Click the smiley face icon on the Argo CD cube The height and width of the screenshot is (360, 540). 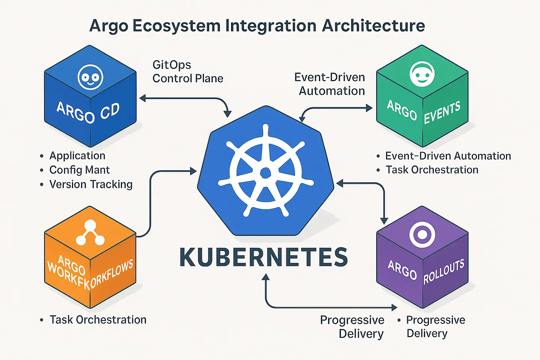pos(91,77)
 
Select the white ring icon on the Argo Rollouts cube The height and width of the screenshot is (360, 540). pos(422,234)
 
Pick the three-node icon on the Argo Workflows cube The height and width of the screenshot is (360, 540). pos(90,234)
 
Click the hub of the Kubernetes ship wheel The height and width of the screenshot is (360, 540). pos(265,172)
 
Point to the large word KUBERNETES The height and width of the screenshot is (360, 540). pos(264,257)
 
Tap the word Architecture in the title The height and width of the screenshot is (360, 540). pos(373,26)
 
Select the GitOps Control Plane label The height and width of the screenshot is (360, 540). pos(188,72)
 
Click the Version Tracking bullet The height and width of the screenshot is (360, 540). pos(91,184)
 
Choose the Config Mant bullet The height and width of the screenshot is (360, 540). pos(80,170)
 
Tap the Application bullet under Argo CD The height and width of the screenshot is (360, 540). pos(77,156)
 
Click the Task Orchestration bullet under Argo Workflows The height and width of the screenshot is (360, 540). pos(98,320)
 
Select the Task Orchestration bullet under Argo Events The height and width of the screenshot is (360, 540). pos(432,170)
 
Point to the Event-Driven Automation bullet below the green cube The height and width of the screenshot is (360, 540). pos(448,156)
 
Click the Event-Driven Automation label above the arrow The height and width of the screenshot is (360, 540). pos(330,84)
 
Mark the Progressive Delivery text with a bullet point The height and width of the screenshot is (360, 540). pos(435,327)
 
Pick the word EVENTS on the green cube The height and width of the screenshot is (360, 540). pos(442,112)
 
